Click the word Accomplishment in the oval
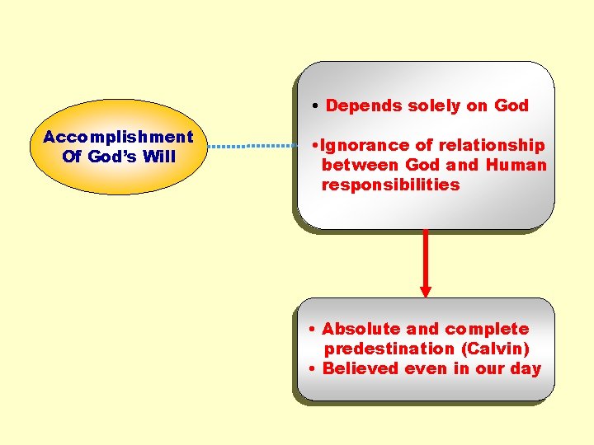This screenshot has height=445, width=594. click(118, 137)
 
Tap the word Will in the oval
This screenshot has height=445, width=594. click(160, 157)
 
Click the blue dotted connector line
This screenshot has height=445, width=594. click(252, 146)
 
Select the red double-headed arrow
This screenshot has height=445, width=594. click(426, 262)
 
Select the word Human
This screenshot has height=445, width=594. click(516, 165)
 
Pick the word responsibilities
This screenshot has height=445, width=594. click(390, 185)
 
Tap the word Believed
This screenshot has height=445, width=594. click(360, 368)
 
